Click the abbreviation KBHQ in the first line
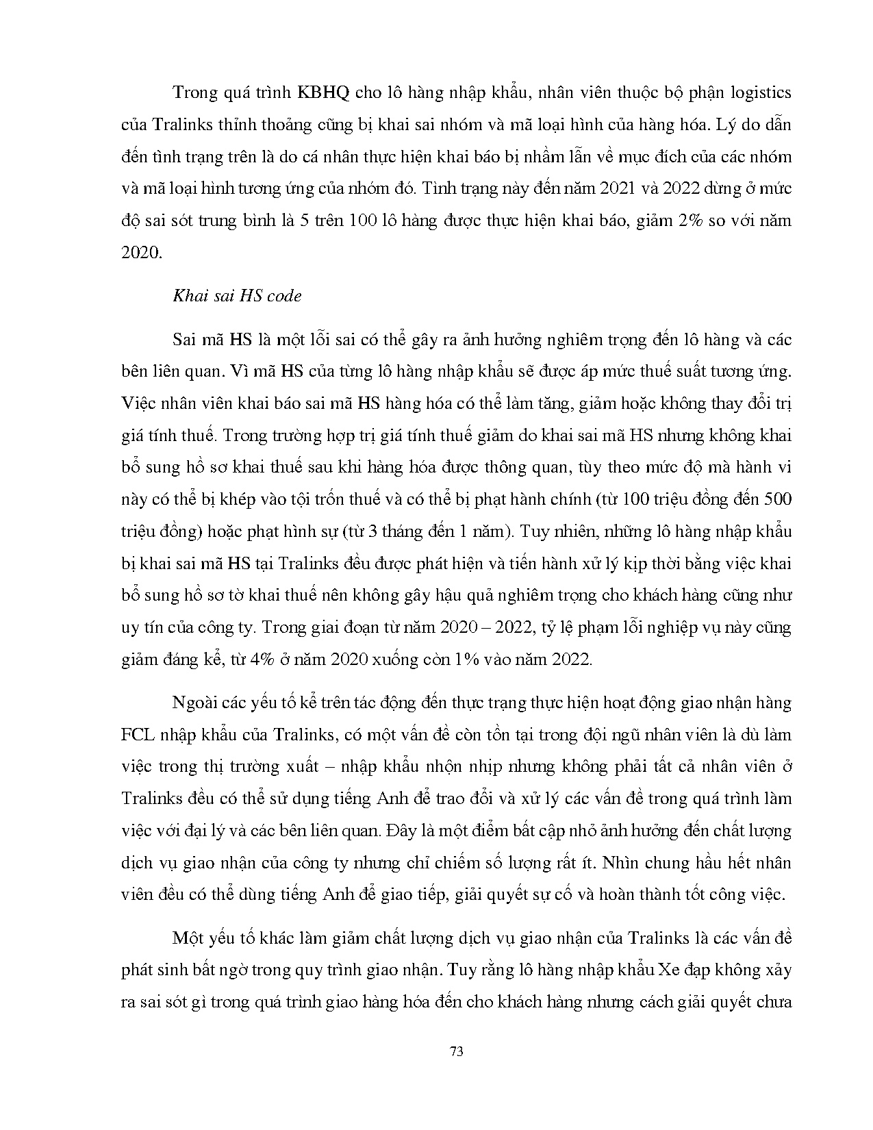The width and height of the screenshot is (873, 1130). point(324,93)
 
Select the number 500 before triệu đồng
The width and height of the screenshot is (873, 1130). point(776,499)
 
